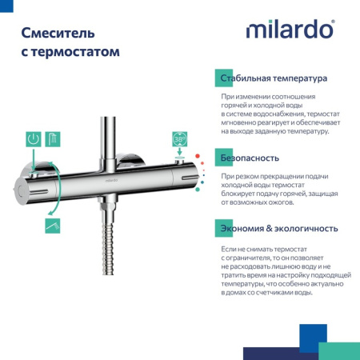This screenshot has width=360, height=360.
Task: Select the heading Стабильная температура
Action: tap(274, 79)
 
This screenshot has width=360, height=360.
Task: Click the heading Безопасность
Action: tap(250, 158)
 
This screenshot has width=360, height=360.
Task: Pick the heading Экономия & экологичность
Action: tap(278, 229)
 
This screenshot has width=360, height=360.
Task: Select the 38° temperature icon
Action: tap(179, 138)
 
